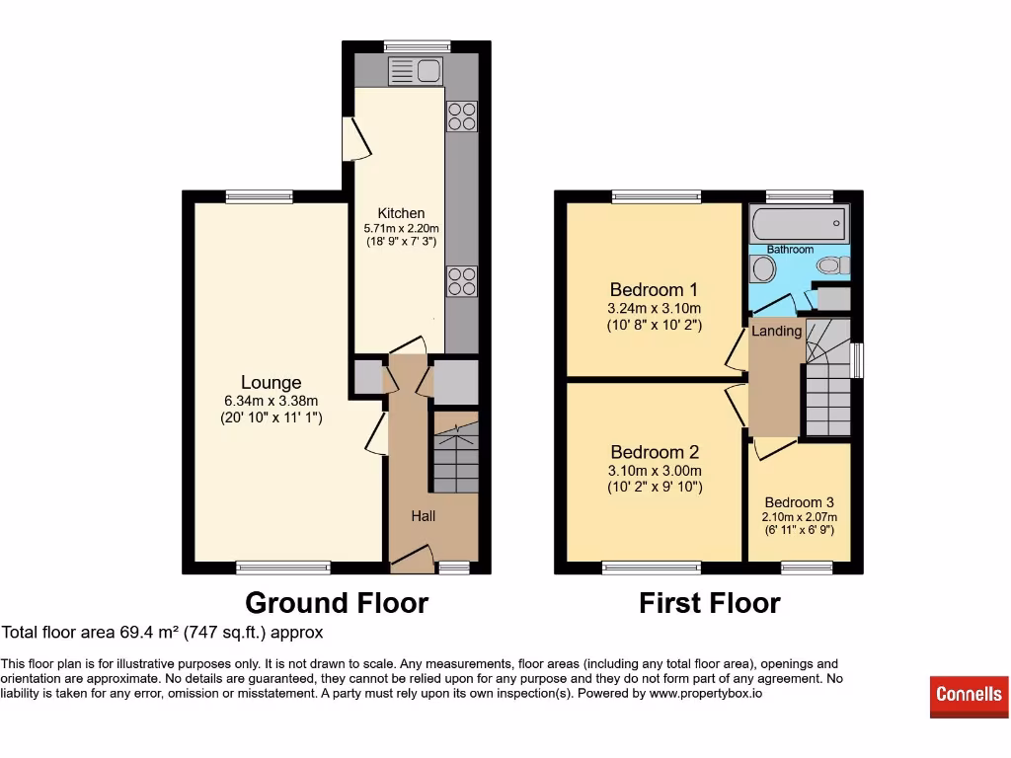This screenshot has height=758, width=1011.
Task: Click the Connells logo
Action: point(969,696)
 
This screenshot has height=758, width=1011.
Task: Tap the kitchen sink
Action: point(416,71)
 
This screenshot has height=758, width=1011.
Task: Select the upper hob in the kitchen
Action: point(461,116)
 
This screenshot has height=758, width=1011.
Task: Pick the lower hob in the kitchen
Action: point(461,281)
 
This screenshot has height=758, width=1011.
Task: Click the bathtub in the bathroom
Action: point(798,223)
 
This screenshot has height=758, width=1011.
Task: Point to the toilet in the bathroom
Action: point(833,265)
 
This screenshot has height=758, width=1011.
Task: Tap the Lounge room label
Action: point(271,383)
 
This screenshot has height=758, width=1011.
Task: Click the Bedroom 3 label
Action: point(799,502)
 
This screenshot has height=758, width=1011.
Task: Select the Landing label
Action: point(776,332)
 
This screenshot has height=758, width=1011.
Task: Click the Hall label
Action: point(423,516)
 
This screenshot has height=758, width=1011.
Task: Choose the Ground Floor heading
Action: point(337,603)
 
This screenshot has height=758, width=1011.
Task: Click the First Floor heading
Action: point(710,603)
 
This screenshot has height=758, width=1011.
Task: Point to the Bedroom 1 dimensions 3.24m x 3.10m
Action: point(654,308)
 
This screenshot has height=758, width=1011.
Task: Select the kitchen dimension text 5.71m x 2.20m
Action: point(401,228)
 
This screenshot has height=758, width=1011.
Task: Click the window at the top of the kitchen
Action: point(417,45)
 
